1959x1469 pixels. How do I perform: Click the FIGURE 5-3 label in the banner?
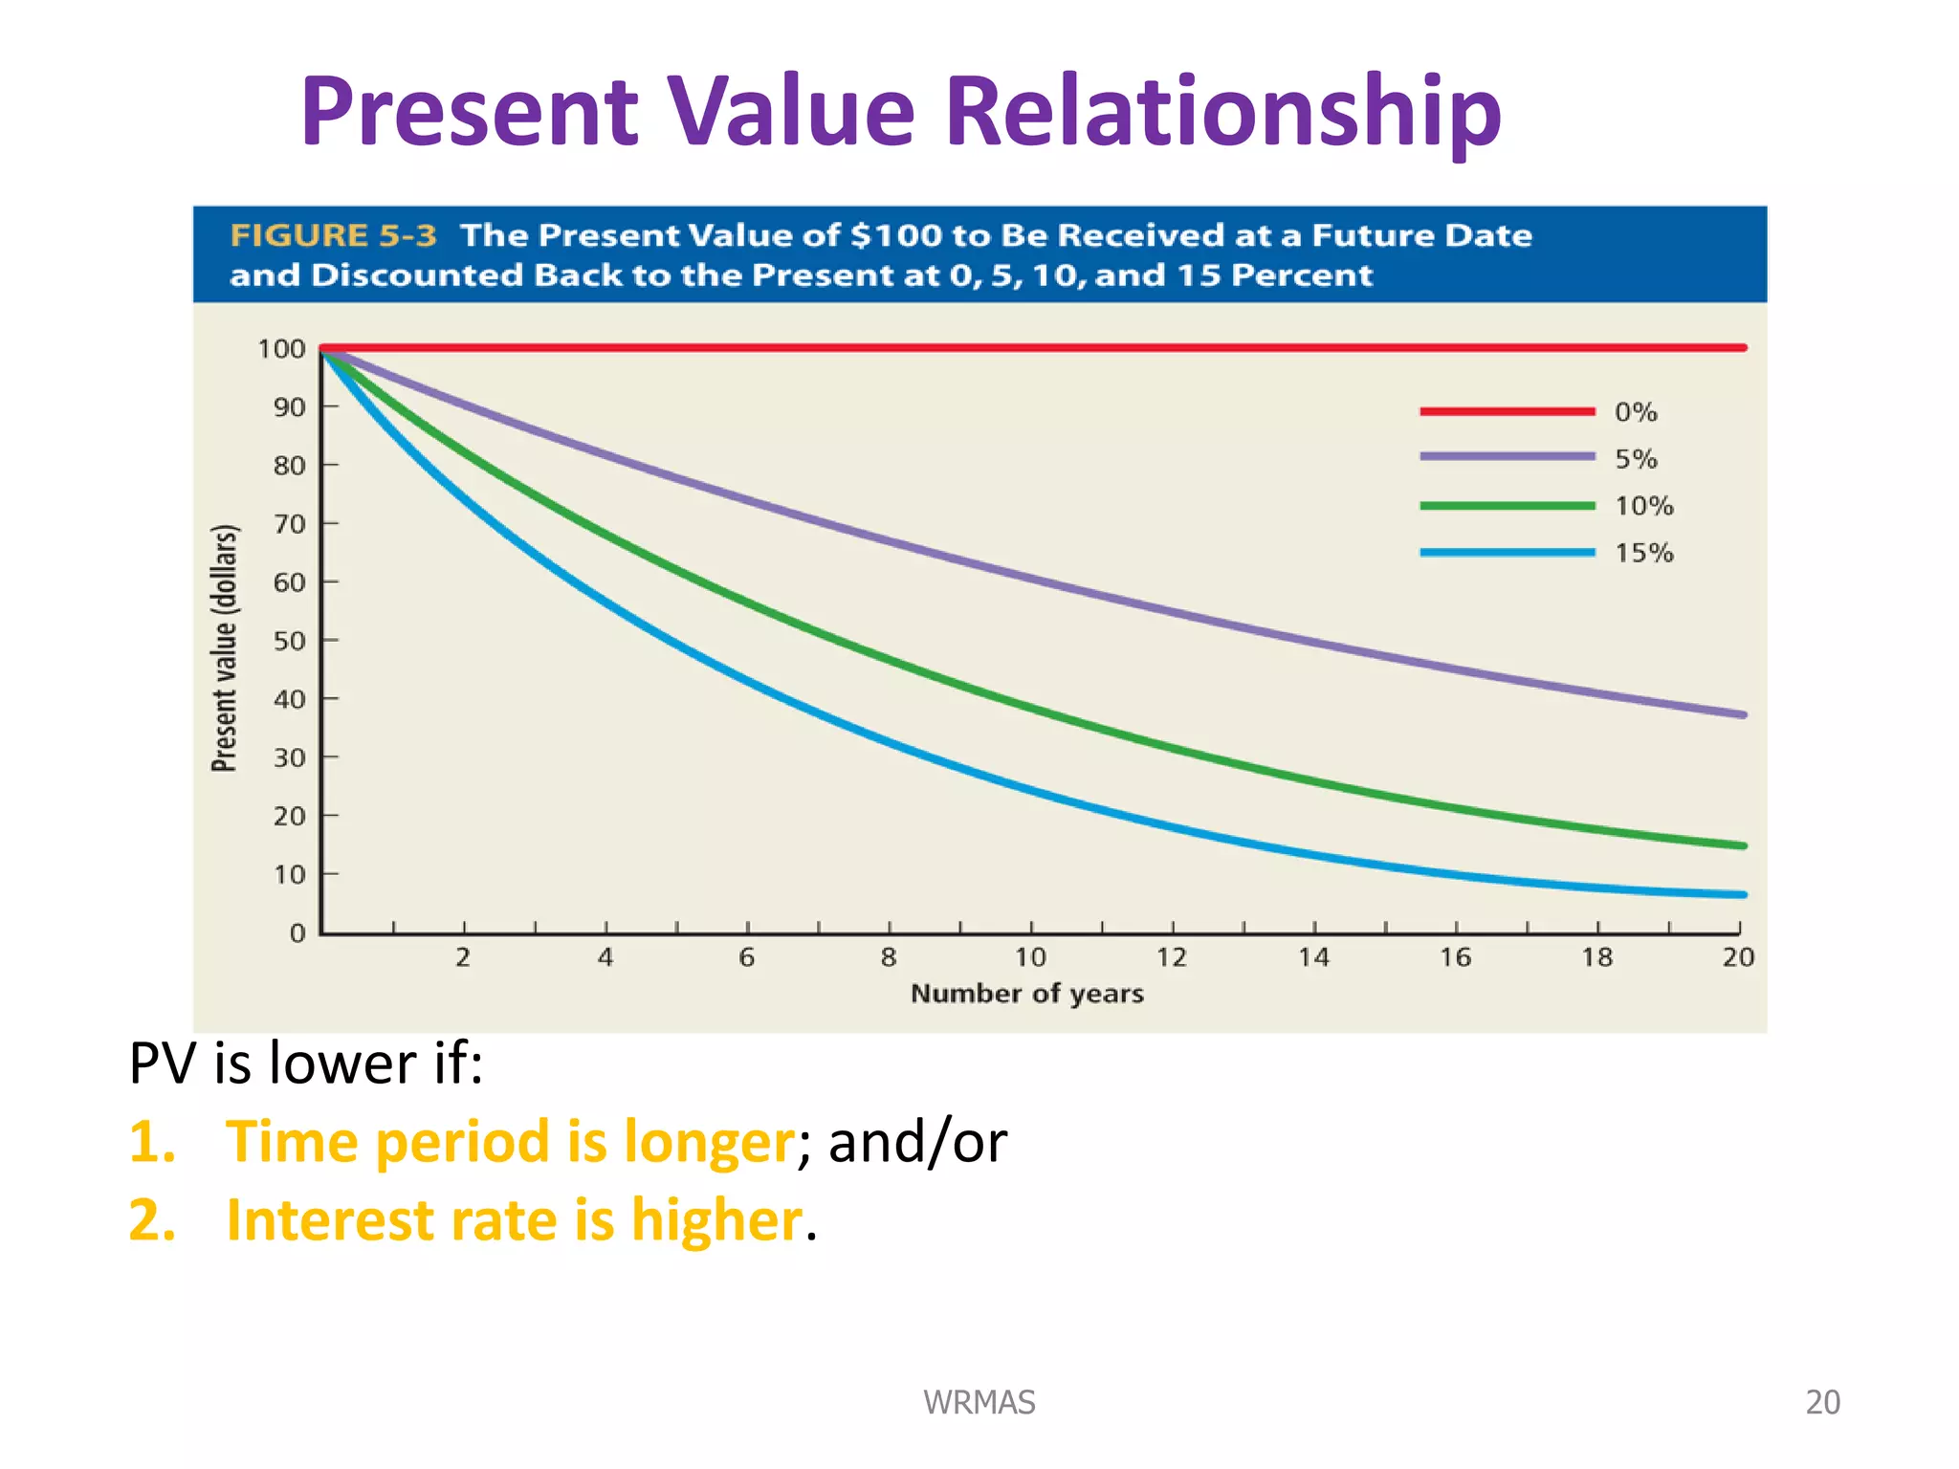[333, 235]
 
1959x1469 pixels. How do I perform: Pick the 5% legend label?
[1635, 459]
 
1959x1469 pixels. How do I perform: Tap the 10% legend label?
[1643, 506]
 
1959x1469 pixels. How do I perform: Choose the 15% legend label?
[1643, 553]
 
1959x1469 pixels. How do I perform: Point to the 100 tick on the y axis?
[281, 349]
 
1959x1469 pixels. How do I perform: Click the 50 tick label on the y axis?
[289, 641]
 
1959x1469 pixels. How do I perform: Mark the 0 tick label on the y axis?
[297, 932]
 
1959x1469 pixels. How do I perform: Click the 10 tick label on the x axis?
[1030, 957]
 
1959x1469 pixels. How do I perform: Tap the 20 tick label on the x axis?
[1738, 957]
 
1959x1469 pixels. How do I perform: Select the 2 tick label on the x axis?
[463, 957]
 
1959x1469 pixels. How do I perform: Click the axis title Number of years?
[1026, 994]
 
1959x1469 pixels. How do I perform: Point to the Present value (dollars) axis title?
[224, 647]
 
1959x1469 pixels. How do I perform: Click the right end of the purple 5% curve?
[1742, 714]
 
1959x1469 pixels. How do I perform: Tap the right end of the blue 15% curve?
[1742, 895]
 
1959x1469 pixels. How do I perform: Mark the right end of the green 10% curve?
[1742, 845]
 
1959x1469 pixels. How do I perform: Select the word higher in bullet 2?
[715, 1221]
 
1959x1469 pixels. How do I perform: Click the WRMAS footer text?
[979, 1402]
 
